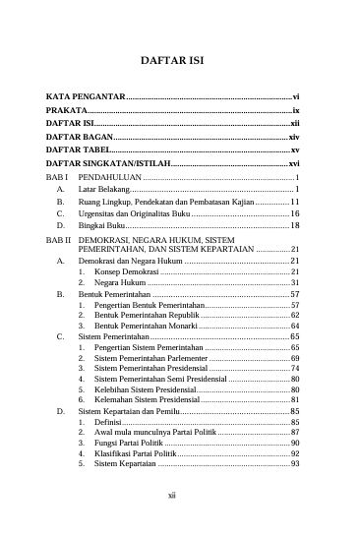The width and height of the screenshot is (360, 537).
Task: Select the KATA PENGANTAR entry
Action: coord(86,97)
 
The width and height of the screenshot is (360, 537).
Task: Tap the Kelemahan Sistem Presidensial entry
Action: coord(147,399)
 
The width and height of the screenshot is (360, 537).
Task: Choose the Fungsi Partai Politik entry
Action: coord(129,443)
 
